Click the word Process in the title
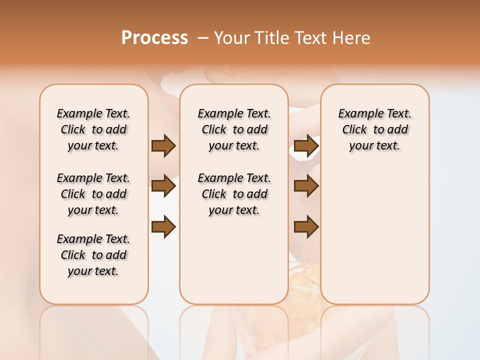point(154,37)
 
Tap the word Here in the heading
point(352,37)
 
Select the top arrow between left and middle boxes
point(163,146)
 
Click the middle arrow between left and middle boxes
point(163,186)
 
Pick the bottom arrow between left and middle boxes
point(163,227)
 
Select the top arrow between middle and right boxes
point(306,146)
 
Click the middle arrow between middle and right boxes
point(306,186)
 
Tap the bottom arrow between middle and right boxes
point(306,227)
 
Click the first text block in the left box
point(93,129)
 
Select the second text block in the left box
point(93,194)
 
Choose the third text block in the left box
point(93,255)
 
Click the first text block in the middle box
point(234,129)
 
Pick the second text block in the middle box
point(234,194)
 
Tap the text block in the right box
point(375,129)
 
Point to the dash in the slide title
point(203,38)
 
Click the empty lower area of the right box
point(375,235)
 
